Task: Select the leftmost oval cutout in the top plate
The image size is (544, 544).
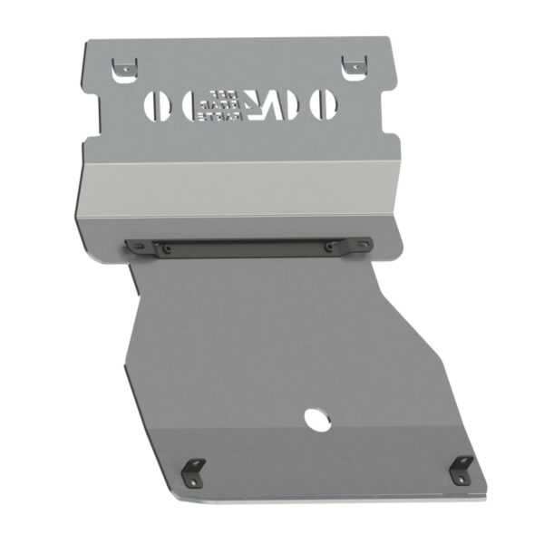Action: tap(157, 105)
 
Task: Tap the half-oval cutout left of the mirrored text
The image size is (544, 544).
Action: tap(191, 105)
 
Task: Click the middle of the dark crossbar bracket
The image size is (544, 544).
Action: tap(248, 247)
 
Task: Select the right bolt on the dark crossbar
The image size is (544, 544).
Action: tap(328, 245)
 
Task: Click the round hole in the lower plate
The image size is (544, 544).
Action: tap(317, 420)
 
